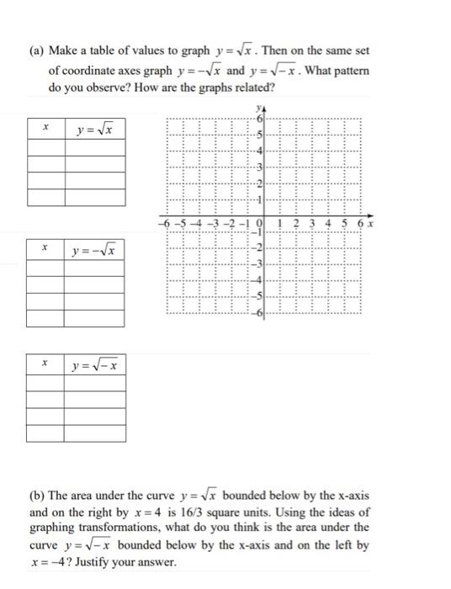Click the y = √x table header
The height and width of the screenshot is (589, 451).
(94, 129)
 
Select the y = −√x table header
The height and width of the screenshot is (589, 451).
(94, 250)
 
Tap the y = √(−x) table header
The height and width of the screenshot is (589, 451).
(94, 366)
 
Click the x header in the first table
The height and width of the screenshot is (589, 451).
(45, 129)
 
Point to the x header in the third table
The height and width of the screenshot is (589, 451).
(45, 366)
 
